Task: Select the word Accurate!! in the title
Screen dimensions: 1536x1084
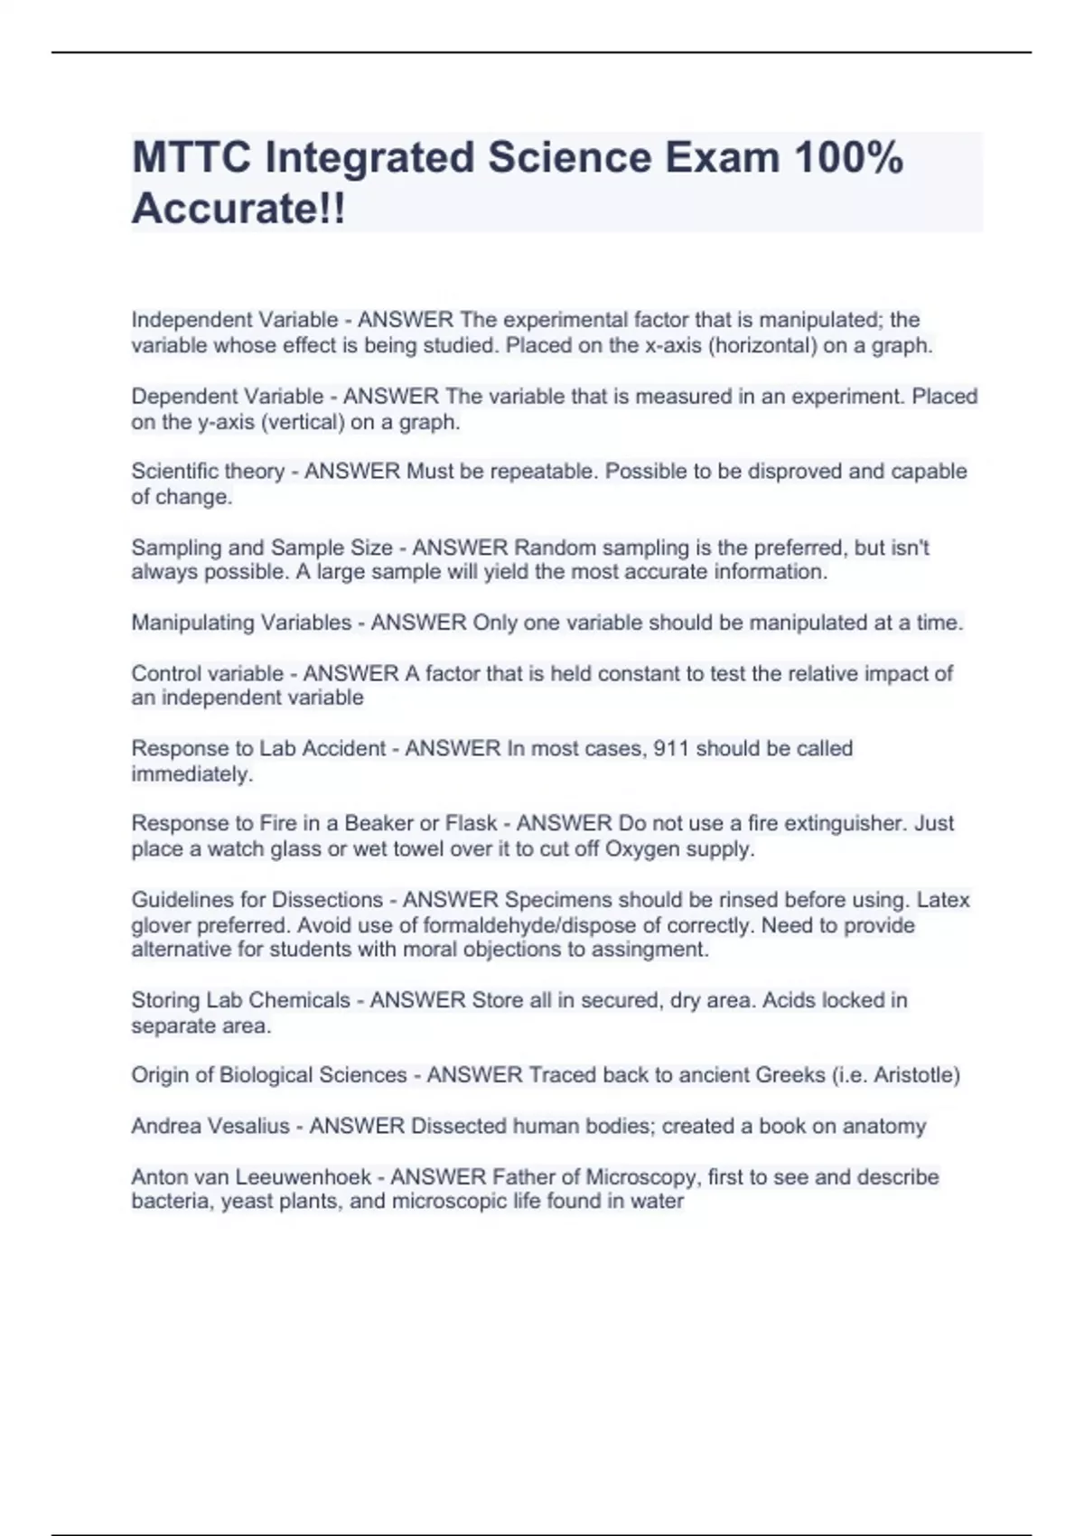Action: [238, 210]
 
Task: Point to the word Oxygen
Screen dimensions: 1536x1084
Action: [640, 849]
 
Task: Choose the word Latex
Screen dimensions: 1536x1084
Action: [943, 900]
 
